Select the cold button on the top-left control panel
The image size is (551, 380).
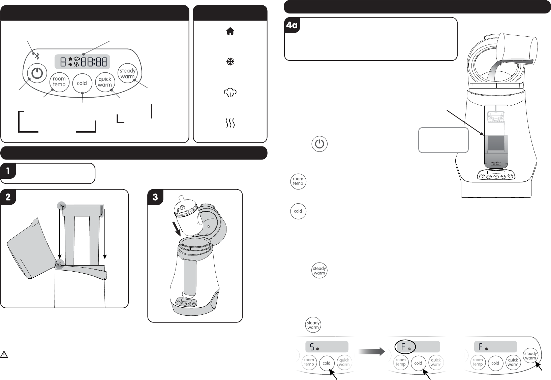82,83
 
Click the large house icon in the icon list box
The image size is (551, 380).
230,31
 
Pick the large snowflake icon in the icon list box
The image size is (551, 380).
230,62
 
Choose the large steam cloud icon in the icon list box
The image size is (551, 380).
230,93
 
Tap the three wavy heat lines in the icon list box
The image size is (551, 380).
230,123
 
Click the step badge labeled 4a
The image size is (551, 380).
292,25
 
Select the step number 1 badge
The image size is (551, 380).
8,171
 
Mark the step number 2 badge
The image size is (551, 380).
8,197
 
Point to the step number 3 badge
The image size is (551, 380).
155,197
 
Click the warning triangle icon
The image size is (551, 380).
4,354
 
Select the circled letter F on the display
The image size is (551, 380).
404,346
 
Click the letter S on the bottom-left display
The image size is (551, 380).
312,347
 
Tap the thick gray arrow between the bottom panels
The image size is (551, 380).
372,352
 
